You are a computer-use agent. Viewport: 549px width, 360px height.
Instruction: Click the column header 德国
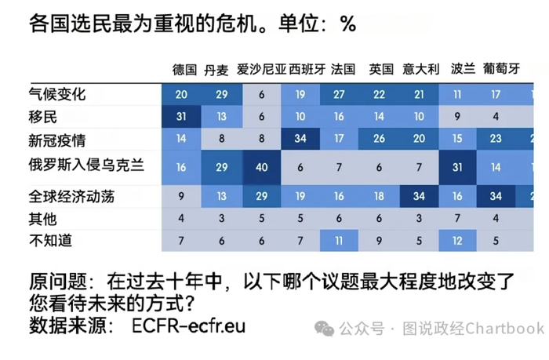click(184, 69)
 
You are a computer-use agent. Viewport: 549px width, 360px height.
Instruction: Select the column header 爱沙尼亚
click(261, 69)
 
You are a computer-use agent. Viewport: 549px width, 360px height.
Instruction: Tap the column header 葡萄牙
click(501, 69)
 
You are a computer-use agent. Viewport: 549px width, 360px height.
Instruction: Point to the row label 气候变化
click(57, 94)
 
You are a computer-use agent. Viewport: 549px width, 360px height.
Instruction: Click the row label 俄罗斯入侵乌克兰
click(86, 165)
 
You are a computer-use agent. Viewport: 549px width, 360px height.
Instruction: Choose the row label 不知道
click(50, 241)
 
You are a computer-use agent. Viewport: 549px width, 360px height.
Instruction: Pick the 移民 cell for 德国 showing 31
click(181, 117)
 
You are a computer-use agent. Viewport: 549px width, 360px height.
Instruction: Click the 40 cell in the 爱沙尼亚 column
click(261, 168)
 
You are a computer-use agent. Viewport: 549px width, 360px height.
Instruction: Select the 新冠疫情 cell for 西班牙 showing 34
click(300, 139)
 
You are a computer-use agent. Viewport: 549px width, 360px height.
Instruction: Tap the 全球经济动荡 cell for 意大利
click(419, 196)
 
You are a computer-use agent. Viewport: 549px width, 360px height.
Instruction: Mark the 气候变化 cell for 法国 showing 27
click(339, 95)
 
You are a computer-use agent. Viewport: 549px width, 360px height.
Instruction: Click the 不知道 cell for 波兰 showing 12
click(457, 241)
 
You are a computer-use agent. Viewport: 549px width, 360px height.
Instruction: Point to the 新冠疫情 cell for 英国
click(379, 139)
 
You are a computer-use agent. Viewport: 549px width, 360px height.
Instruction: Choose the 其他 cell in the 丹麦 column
click(222, 219)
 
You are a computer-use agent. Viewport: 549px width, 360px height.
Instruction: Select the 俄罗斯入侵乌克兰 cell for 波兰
click(457, 168)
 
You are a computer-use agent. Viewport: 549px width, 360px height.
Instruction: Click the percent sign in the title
click(348, 24)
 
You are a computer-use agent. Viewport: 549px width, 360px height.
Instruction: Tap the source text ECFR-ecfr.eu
click(189, 326)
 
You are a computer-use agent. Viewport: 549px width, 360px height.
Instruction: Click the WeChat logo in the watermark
click(324, 329)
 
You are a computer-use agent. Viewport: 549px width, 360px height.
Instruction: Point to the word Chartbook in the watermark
click(504, 329)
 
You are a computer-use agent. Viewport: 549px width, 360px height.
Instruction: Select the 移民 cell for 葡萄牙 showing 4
click(496, 117)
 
